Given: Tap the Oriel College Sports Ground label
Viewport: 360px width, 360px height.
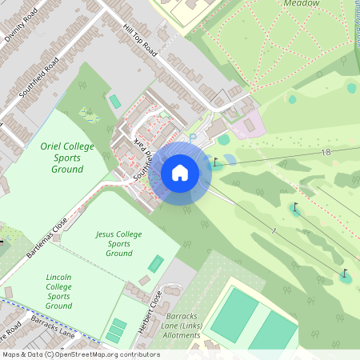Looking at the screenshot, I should pyautogui.click(x=67, y=158).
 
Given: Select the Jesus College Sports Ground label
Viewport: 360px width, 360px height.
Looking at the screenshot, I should pyautogui.click(x=118, y=243).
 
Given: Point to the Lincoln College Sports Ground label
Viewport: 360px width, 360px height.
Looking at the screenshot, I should pyautogui.click(x=58, y=290).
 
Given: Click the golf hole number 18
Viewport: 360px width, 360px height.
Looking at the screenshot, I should pyautogui.click(x=325, y=152).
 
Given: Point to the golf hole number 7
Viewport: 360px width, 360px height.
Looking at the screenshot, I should pyautogui.click(x=273, y=231).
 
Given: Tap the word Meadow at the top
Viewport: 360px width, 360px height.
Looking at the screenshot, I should pyautogui.click(x=302, y=3).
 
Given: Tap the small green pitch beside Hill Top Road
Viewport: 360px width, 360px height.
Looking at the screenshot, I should pyautogui.click(x=115, y=102).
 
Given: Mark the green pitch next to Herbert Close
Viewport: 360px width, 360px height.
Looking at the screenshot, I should pyautogui.click(x=155, y=263).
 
